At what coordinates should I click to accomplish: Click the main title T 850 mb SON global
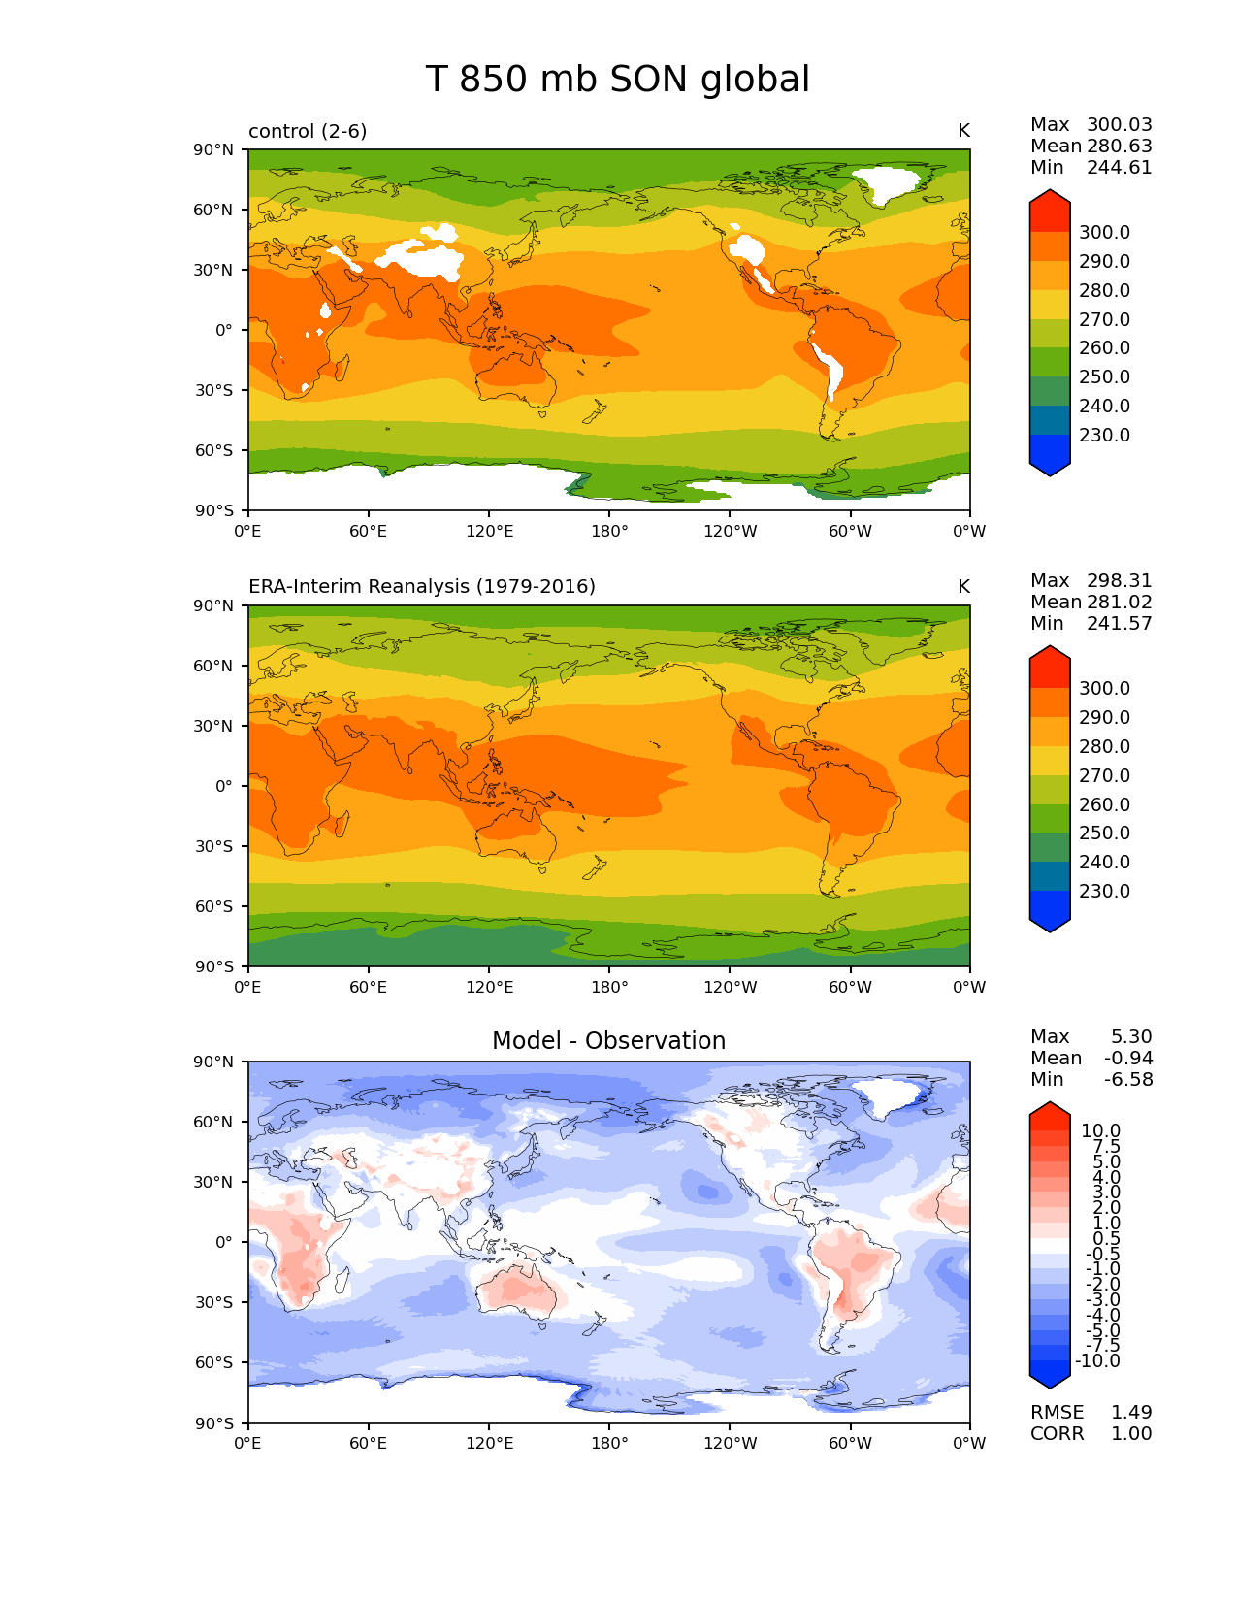[x=617, y=80]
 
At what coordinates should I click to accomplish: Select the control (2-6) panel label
[x=308, y=131]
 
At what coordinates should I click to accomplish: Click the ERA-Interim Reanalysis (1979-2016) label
[x=422, y=587]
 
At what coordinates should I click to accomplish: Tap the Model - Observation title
[x=608, y=1041]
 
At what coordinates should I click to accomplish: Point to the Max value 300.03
[x=1119, y=125]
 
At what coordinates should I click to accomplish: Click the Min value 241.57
[x=1119, y=624]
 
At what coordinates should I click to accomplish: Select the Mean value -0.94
[x=1127, y=1059]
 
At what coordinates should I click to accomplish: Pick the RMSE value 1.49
[x=1131, y=1413]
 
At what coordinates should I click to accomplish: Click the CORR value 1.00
[x=1131, y=1434]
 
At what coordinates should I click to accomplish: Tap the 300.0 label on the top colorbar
[x=1104, y=233]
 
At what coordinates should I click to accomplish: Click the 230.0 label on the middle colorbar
[x=1104, y=892]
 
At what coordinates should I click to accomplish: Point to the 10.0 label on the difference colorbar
[x=1100, y=1131]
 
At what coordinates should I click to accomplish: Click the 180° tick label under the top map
[x=609, y=532]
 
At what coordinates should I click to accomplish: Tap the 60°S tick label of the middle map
[x=214, y=907]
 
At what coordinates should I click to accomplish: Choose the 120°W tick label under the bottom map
[x=731, y=1444]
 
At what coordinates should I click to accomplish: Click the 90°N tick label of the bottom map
[x=214, y=1062]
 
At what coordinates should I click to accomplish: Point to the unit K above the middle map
[x=963, y=587]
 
